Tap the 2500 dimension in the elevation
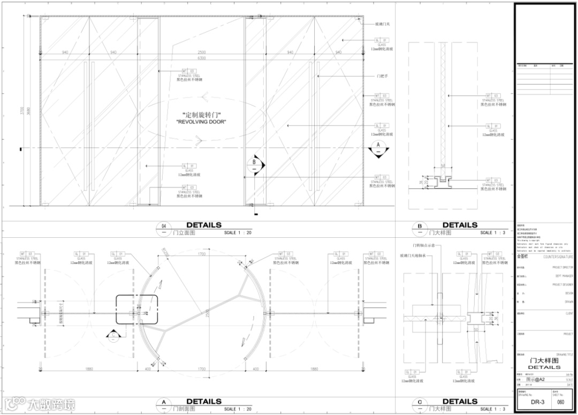pyautogui.click(x=201, y=52)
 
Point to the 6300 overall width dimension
pyautogui.click(x=201, y=58)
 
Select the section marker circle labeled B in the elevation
pyautogui.click(x=255, y=163)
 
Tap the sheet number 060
pyautogui.click(x=560, y=401)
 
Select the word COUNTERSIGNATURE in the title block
pyautogui.click(x=559, y=257)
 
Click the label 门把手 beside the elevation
pyautogui.click(x=383, y=77)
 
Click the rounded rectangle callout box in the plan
pyautogui.click(x=138, y=310)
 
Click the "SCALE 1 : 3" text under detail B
pyautogui.click(x=492, y=233)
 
